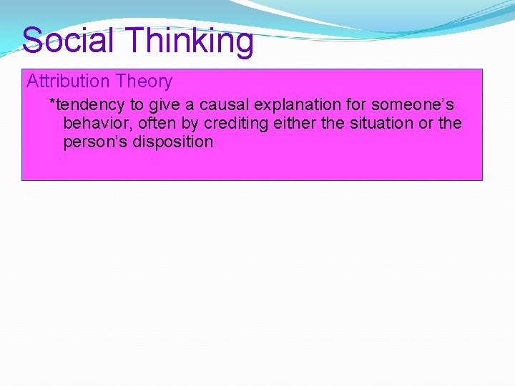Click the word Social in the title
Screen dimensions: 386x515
[68, 40]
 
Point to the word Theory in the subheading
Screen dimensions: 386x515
[147, 81]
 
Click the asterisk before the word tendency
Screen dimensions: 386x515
[51, 103]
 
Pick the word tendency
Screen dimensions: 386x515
[89, 104]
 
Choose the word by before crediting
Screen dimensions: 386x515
[190, 124]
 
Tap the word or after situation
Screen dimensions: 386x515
[426, 123]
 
